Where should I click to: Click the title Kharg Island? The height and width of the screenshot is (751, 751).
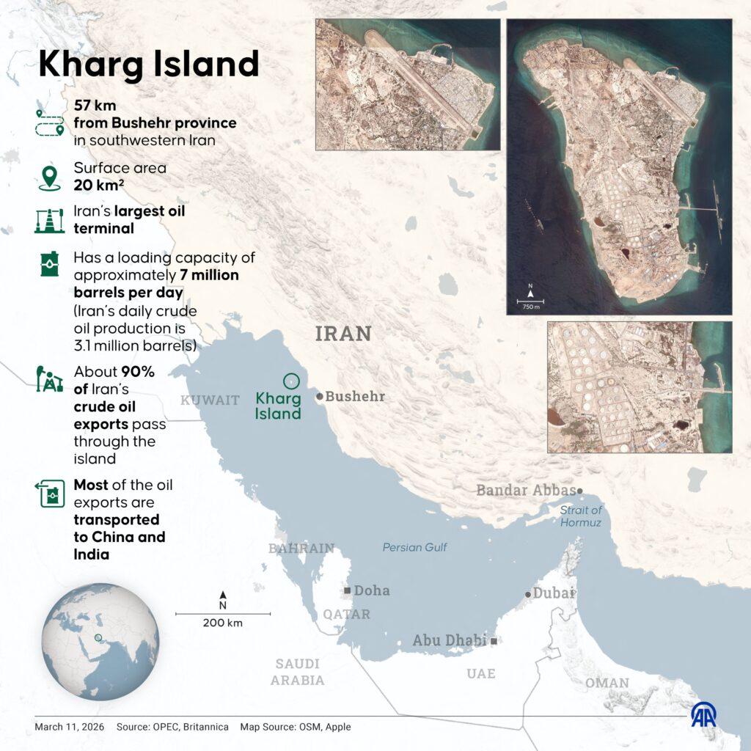coord(149,64)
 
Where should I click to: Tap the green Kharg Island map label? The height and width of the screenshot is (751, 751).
coord(278,406)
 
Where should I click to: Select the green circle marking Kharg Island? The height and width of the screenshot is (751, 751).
coord(291,381)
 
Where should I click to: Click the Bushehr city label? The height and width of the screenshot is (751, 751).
coord(354,396)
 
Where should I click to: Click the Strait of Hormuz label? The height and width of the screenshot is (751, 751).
coord(581,516)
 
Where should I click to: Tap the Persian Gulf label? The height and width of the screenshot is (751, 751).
coord(414,547)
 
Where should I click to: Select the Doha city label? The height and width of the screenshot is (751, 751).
coord(371,590)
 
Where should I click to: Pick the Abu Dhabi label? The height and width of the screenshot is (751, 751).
coord(449,640)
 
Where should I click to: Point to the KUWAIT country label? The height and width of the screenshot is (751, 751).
coord(210,400)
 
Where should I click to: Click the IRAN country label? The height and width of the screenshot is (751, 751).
coord(343,334)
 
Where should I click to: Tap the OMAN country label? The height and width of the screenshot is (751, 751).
coord(607,683)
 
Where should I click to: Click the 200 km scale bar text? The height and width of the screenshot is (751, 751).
coord(223,623)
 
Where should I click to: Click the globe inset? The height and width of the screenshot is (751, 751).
coord(100,642)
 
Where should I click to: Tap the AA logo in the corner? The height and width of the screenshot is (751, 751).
coord(704,714)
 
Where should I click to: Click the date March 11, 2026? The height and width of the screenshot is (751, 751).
coord(69,727)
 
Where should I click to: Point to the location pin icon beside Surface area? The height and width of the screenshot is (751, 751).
coord(49,177)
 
